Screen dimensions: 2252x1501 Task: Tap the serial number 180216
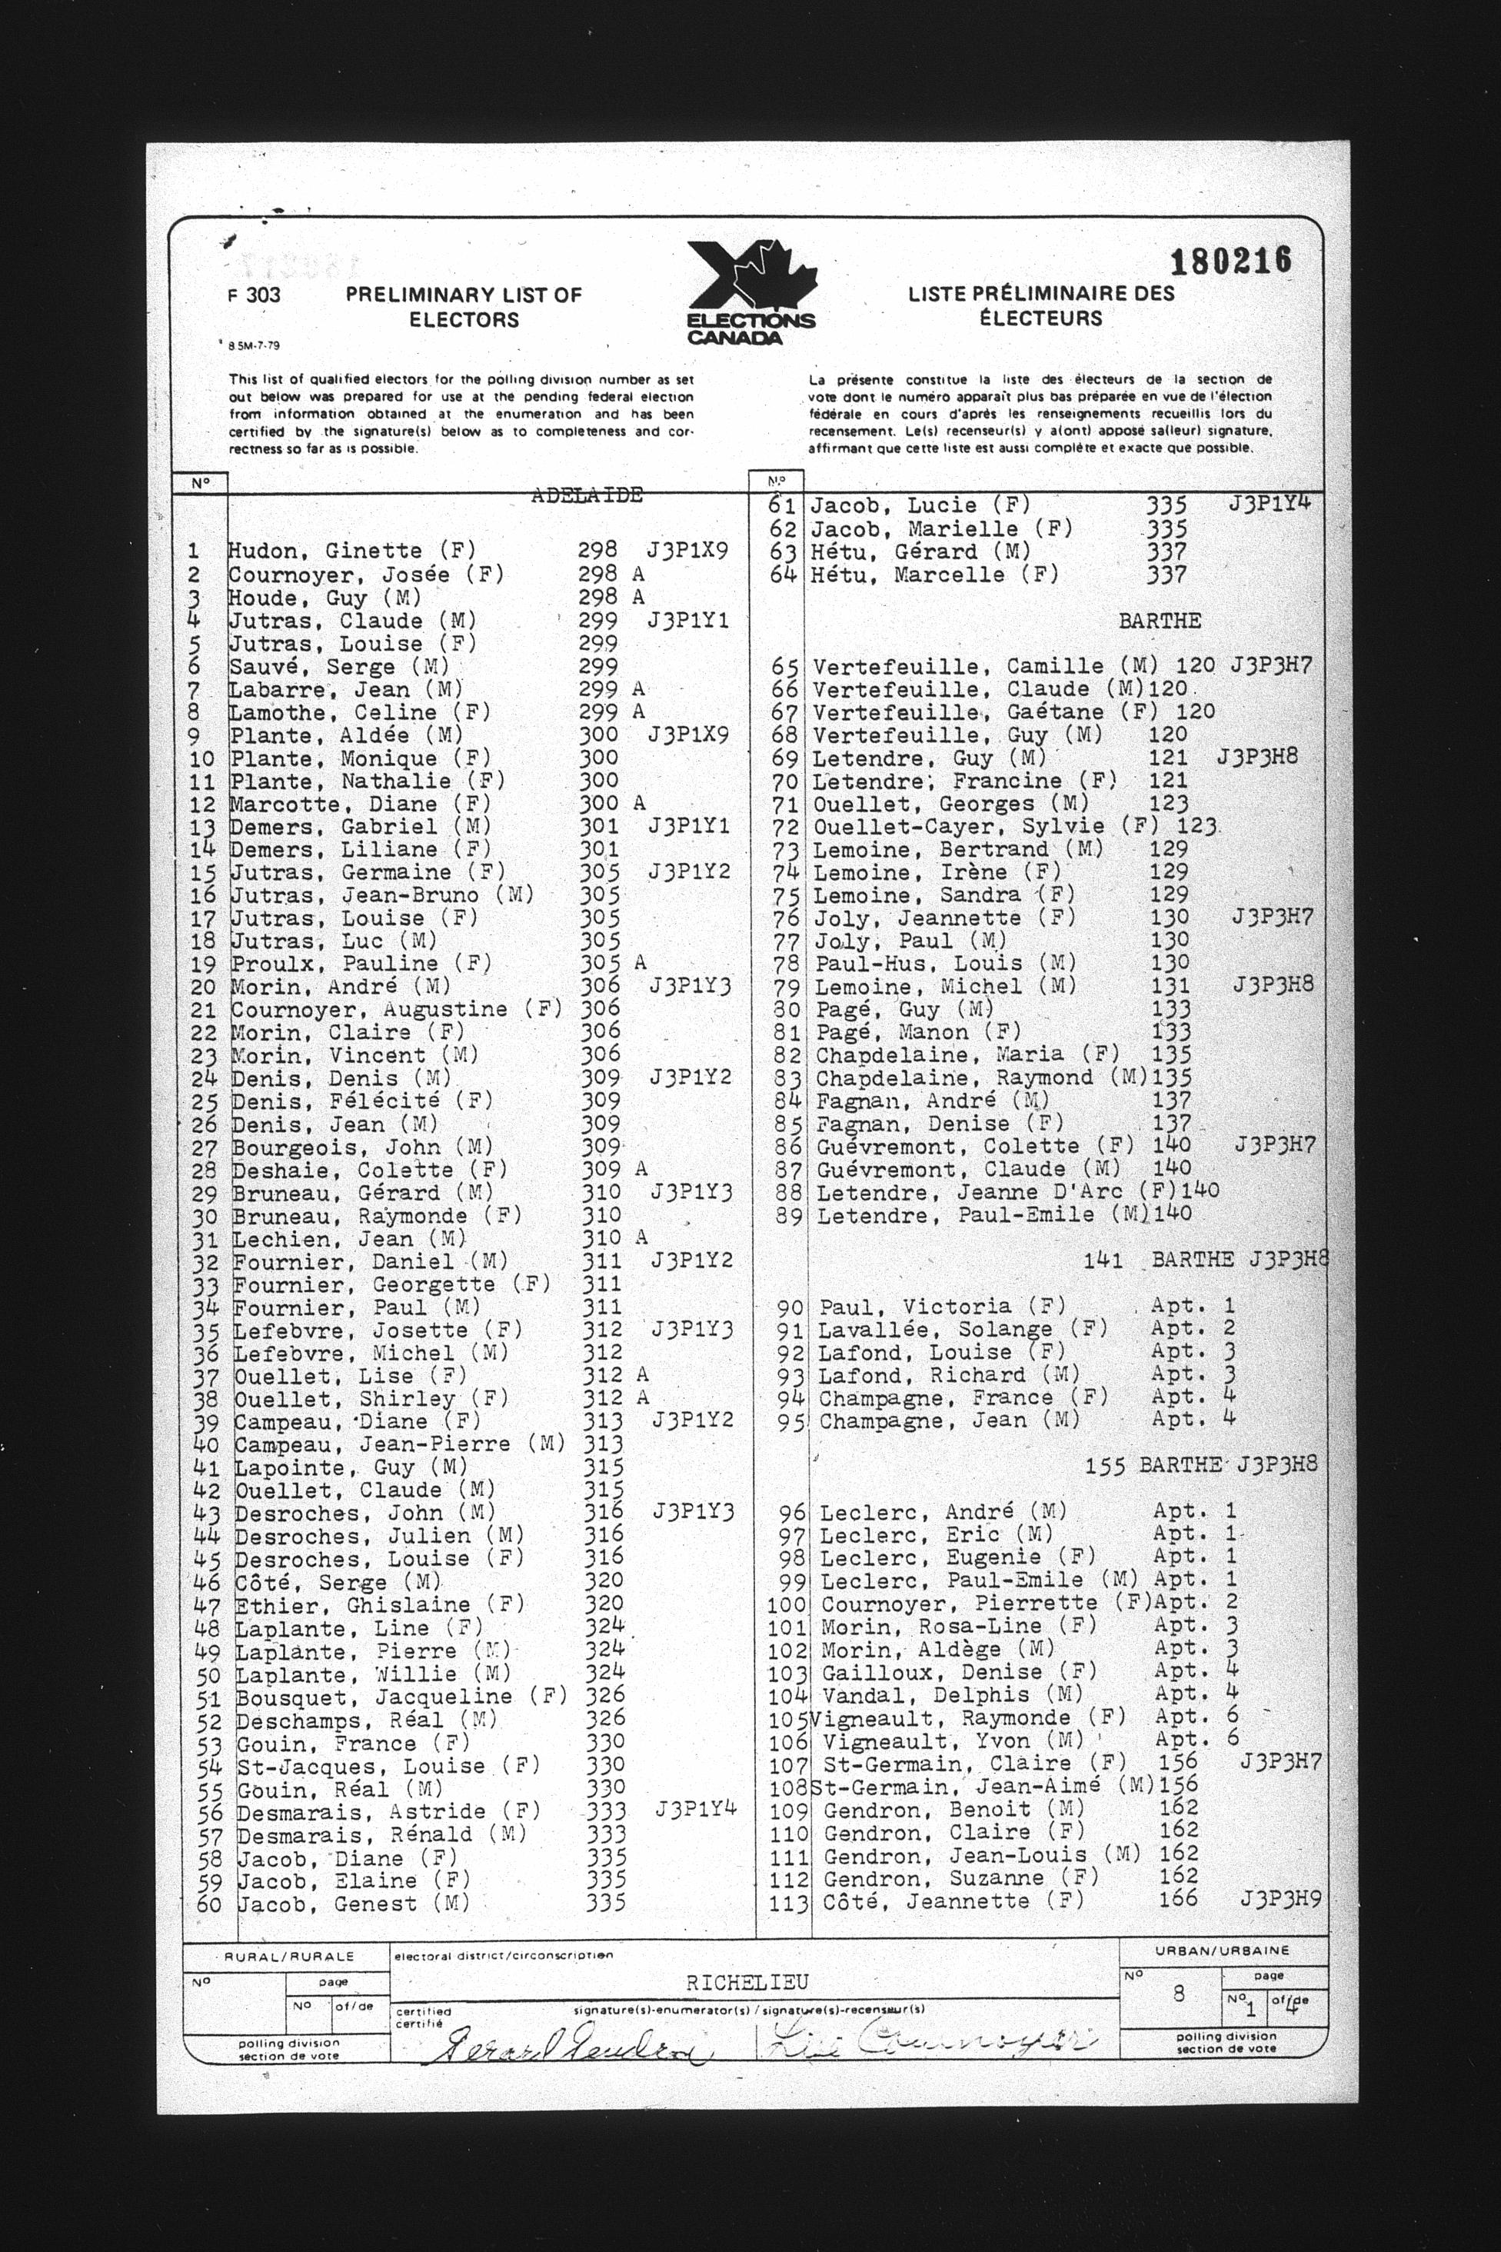(x=1231, y=261)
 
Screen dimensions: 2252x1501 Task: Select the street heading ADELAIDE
(x=587, y=495)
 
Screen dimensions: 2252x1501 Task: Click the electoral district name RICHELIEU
(x=734, y=1983)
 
